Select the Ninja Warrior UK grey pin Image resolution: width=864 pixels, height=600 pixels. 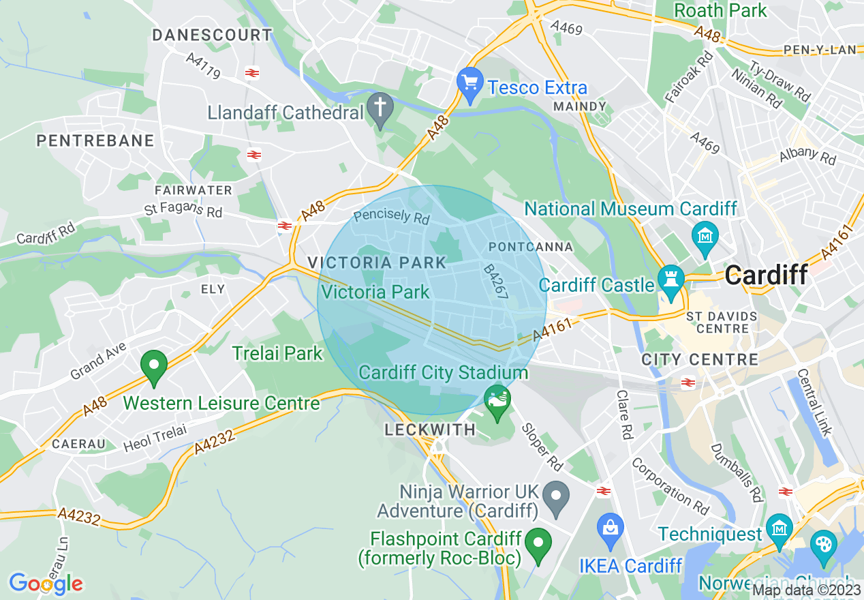coord(557,499)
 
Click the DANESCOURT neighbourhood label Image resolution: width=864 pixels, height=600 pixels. coord(212,35)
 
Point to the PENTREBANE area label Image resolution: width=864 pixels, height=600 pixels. coord(95,141)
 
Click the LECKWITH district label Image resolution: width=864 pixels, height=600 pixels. coord(430,430)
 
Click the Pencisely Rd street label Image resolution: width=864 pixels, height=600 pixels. coord(392,217)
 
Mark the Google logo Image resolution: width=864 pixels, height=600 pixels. coord(46,584)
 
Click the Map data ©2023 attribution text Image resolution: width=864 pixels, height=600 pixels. coord(807,590)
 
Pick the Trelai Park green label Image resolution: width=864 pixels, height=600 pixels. coord(277,353)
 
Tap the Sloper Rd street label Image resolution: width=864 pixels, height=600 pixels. coord(542,447)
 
